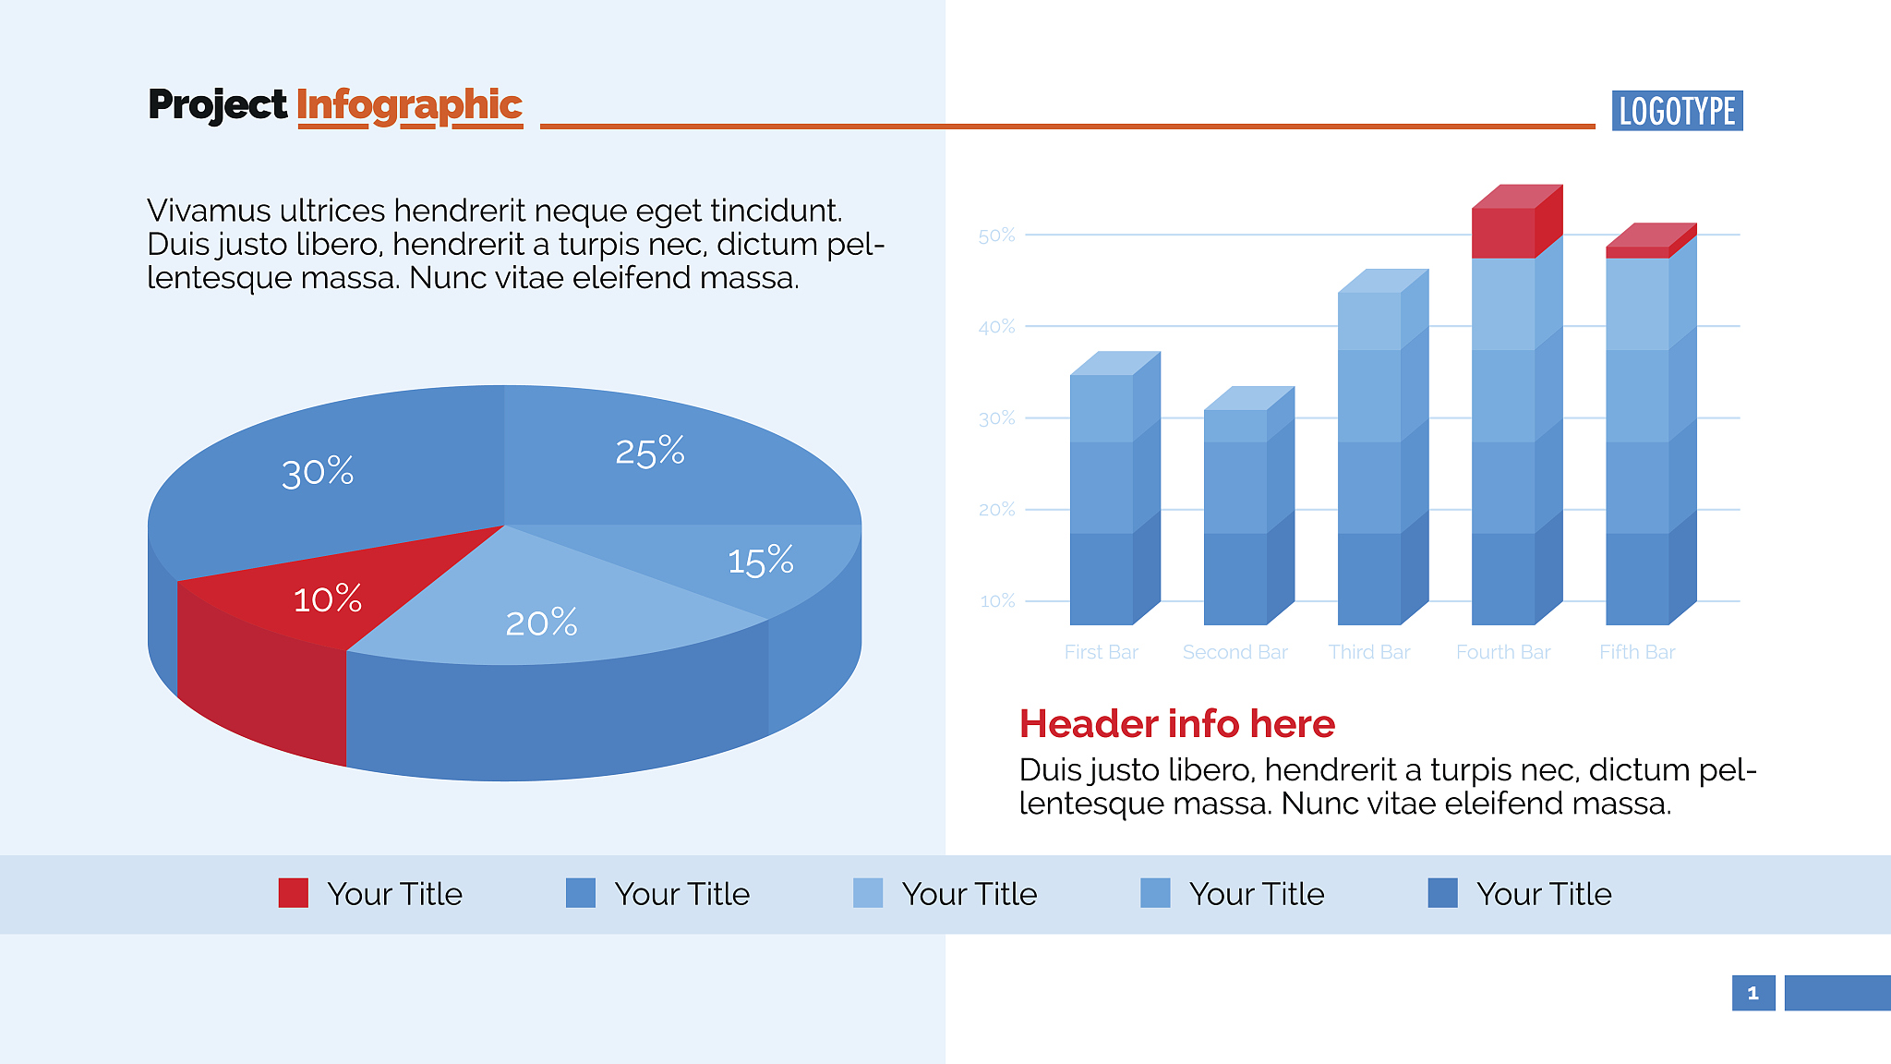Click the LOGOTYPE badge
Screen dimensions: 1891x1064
[1677, 111]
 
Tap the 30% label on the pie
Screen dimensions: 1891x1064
[318, 472]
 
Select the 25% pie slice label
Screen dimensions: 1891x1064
[650, 452]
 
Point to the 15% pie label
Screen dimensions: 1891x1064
[761, 561]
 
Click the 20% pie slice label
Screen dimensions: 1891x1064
[541, 623]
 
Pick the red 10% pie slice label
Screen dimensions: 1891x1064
[327, 598]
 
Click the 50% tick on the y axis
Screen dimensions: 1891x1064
[996, 236]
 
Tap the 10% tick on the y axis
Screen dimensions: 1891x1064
[997, 601]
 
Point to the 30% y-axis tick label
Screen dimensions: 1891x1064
[996, 418]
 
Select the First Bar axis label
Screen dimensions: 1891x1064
[1101, 652]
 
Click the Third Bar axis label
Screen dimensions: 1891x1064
[1369, 652]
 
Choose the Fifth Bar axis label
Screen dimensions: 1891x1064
[1637, 652]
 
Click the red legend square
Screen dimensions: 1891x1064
[294, 893]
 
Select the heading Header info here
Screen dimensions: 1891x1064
[1177, 723]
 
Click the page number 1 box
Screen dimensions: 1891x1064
[1753, 993]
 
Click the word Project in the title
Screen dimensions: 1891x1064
[218, 105]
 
